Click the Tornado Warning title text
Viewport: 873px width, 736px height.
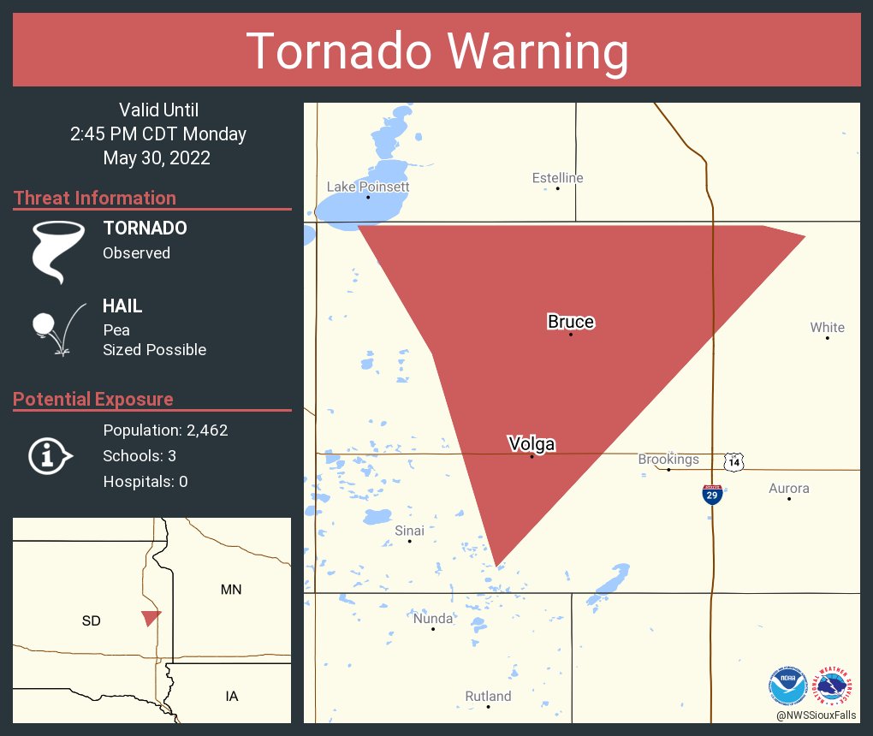[436, 51]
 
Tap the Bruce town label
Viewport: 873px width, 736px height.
[571, 322]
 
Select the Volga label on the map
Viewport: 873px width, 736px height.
[532, 444]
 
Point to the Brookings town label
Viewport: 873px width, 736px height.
[668, 460]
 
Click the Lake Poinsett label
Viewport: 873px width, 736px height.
[368, 187]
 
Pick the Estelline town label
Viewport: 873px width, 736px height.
[557, 178]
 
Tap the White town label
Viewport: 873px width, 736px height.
[827, 327]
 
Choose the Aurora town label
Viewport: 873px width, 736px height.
[788, 489]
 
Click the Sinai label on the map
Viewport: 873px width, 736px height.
[409, 531]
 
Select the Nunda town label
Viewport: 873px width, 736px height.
[432, 619]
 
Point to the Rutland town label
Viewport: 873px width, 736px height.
[488, 697]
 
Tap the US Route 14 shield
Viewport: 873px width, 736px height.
[733, 461]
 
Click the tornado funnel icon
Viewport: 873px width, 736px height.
[57, 251]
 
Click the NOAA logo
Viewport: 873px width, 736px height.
[788, 686]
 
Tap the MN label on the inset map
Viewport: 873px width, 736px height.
[231, 590]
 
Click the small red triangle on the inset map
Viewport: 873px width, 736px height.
[151, 618]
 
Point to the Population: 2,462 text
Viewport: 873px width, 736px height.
[165, 430]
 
